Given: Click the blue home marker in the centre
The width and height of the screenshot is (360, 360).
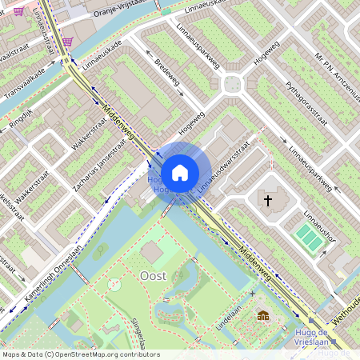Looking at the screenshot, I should pyautogui.click(x=180, y=173).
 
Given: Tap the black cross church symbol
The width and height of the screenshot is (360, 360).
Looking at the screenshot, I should pyautogui.click(x=268, y=199).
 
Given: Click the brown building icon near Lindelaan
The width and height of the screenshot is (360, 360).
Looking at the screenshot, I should pyautogui.click(x=262, y=316).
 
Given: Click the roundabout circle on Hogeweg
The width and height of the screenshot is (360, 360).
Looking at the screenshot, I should pyautogui.click(x=232, y=83).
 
